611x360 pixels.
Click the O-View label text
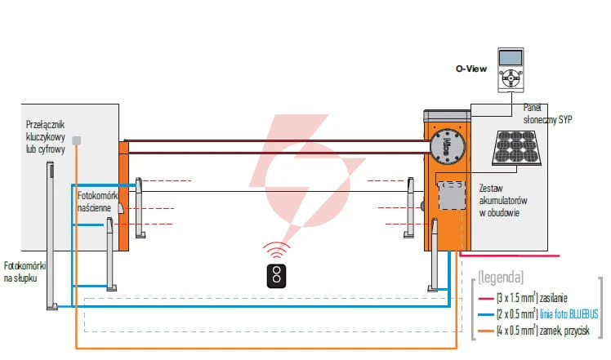[471, 69]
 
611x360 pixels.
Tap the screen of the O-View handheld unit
[511, 58]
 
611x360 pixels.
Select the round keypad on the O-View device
[511, 78]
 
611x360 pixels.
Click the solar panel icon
[516, 148]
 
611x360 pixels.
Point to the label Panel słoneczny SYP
[547, 113]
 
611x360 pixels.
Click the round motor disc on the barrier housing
[448, 146]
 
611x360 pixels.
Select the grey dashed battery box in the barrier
[452, 196]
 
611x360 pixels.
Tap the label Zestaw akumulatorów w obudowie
[503, 200]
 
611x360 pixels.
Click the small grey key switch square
[77, 140]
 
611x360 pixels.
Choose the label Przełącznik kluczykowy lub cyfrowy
[46, 137]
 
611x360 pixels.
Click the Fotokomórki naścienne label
[97, 202]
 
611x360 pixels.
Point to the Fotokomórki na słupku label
[25, 272]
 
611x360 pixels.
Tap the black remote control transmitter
[276, 276]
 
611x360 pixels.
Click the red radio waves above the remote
[276, 250]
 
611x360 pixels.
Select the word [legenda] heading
[501, 277]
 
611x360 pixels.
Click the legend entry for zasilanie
[523, 298]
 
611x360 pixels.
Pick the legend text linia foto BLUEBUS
[569, 314]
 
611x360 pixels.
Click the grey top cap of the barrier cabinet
[448, 116]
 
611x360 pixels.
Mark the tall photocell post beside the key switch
[51, 236]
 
